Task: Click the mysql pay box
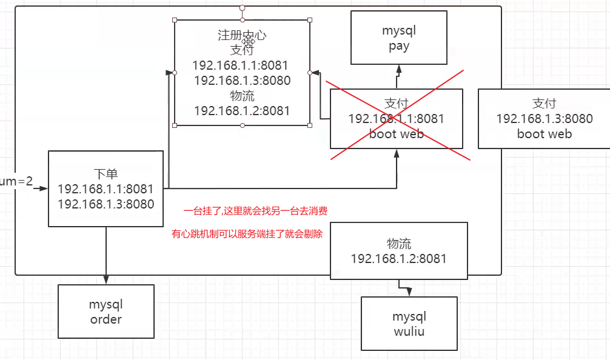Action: coord(399,37)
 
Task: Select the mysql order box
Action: coord(106,312)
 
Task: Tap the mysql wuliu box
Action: coord(409,324)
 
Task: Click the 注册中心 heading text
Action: coord(242,35)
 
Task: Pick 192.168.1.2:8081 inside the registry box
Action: coord(242,110)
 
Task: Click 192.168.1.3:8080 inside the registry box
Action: coord(242,80)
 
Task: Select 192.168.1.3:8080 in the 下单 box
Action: coord(106,204)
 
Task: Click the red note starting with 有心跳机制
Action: coord(247,233)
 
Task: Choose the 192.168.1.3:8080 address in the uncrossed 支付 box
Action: coord(545,119)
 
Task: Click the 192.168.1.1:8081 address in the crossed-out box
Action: coord(397,119)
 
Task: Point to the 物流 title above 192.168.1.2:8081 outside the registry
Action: coord(399,244)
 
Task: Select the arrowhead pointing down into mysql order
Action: coord(106,280)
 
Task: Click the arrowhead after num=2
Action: coord(44,188)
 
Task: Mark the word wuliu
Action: coord(409,331)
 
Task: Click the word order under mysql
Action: coord(106,319)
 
